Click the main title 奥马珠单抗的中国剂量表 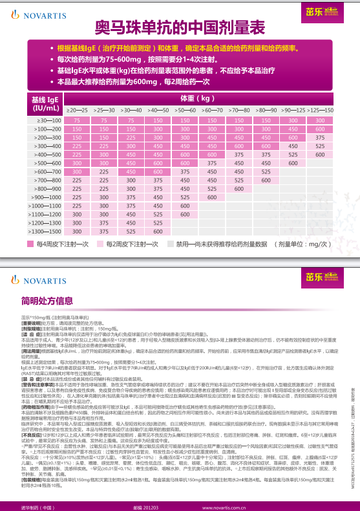tap(180, 27)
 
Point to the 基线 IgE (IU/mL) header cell tap(43, 103)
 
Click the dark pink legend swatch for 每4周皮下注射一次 tap(30, 245)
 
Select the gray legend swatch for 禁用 tap(172, 245)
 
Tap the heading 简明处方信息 tap(47, 283)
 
